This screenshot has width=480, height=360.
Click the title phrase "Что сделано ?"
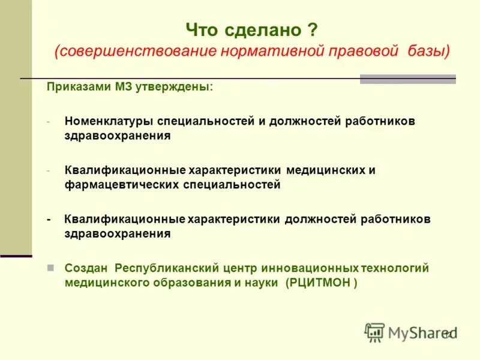coord(251,29)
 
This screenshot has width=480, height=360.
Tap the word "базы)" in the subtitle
coord(427,52)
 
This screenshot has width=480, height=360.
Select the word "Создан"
coord(86,268)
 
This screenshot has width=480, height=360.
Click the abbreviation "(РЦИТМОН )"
coord(322,283)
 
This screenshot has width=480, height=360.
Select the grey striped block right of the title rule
coord(407,79)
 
